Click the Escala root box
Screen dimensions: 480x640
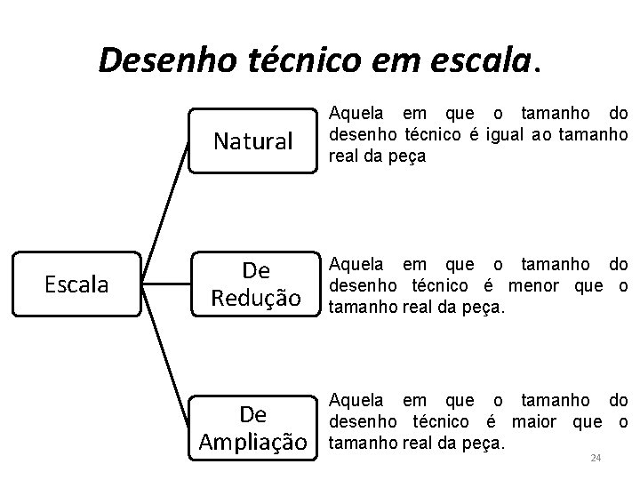pyautogui.click(x=76, y=284)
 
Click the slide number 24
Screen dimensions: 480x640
pyautogui.click(x=596, y=458)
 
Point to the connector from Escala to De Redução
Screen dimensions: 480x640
pyautogui.click(x=169, y=284)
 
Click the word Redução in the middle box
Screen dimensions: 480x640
pyautogui.click(x=255, y=299)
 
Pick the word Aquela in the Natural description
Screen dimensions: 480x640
pyautogui.click(x=357, y=114)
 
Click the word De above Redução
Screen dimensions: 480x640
pyautogui.click(x=255, y=269)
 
